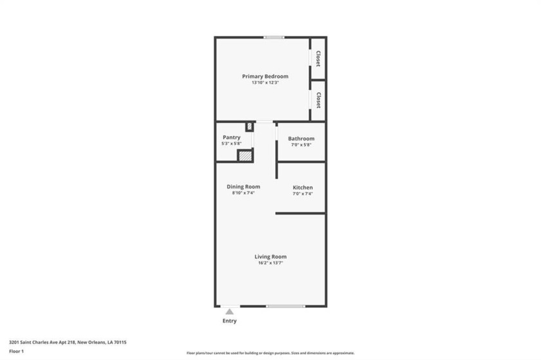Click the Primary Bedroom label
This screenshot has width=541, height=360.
click(265, 76)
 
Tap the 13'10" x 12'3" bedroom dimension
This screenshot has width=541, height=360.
click(265, 82)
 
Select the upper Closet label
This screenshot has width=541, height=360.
click(318, 59)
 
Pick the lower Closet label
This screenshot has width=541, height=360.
click(318, 100)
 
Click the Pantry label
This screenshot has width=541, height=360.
click(231, 137)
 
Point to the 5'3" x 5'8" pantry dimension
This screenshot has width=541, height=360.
click(231, 144)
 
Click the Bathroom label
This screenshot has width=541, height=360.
click(301, 138)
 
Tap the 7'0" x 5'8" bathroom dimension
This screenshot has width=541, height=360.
click(301, 145)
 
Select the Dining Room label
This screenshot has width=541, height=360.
click(243, 187)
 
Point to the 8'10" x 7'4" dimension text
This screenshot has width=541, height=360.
click(243, 193)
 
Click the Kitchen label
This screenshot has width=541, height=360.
click(303, 187)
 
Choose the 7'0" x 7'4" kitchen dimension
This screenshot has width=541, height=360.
click(303, 194)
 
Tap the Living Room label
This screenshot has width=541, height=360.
click(270, 256)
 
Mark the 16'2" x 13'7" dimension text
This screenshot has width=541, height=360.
click(270, 263)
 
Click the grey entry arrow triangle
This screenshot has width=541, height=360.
click(229, 312)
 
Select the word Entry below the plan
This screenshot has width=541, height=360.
click(229, 321)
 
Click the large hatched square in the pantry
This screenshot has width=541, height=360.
click(244, 155)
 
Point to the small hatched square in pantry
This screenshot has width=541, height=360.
click(249, 127)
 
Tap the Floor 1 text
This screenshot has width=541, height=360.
click(16, 351)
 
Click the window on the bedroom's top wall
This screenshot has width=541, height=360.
click(274, 37)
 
